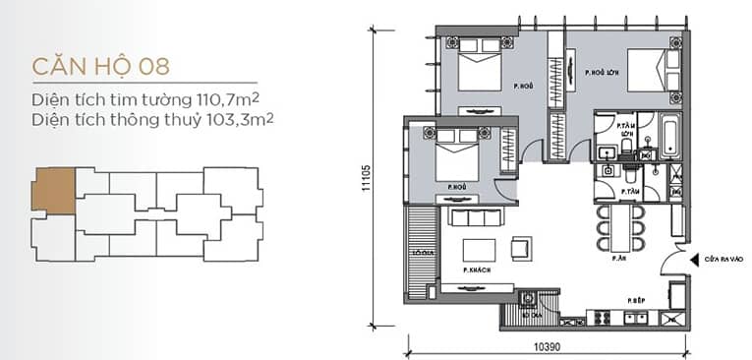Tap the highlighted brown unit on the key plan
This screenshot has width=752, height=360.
(53, 191)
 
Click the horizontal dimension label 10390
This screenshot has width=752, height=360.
(549, 348)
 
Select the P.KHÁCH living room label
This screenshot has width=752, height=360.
(476, 269)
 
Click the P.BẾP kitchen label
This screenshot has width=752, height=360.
(636, 296)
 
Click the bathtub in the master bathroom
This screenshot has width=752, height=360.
(671, 137)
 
